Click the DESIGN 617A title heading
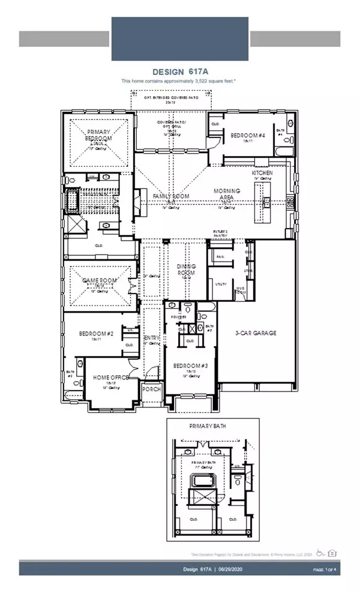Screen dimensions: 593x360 180,70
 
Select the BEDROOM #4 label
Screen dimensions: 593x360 246,135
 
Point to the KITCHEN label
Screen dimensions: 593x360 262,172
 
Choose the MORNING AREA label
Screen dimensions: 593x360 227,194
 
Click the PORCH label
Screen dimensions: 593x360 150,389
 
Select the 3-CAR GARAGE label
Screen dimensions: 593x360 256,333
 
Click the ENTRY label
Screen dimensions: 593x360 151,338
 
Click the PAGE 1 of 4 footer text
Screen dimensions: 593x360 326,569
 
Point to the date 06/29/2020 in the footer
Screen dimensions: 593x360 223,569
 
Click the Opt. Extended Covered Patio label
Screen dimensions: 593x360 171,95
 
